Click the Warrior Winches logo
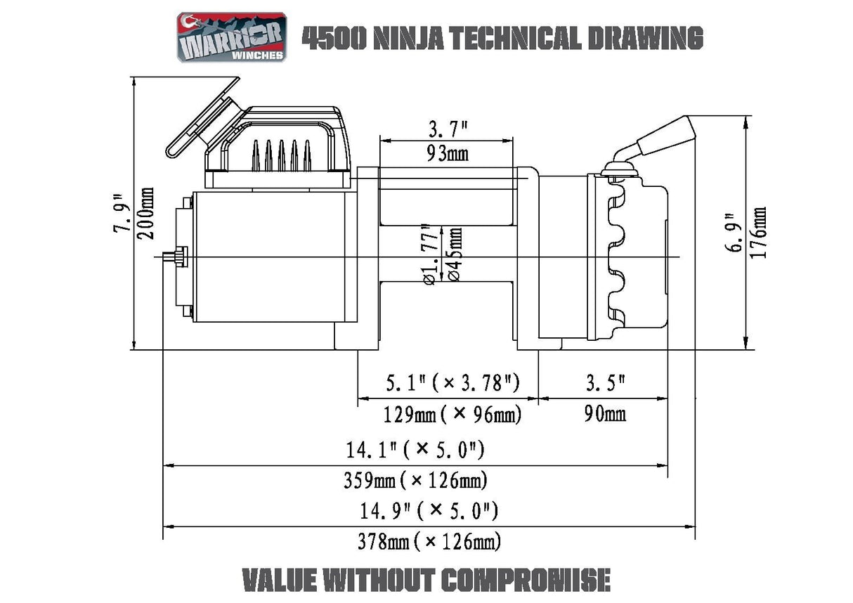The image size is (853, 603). tap(231, 37)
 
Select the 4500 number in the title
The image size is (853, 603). tap(332, 38)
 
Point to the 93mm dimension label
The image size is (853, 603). tap(448, 153)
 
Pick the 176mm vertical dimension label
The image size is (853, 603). tap(759, 233)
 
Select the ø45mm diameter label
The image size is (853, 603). tap(454, 255)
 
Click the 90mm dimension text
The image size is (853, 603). tap(604, 414)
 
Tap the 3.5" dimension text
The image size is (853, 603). tap(604, 384)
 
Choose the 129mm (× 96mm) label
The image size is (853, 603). tap(452, 415)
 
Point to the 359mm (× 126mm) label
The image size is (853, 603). tap(415, 481)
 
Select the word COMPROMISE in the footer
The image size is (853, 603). tap(525, 580)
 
